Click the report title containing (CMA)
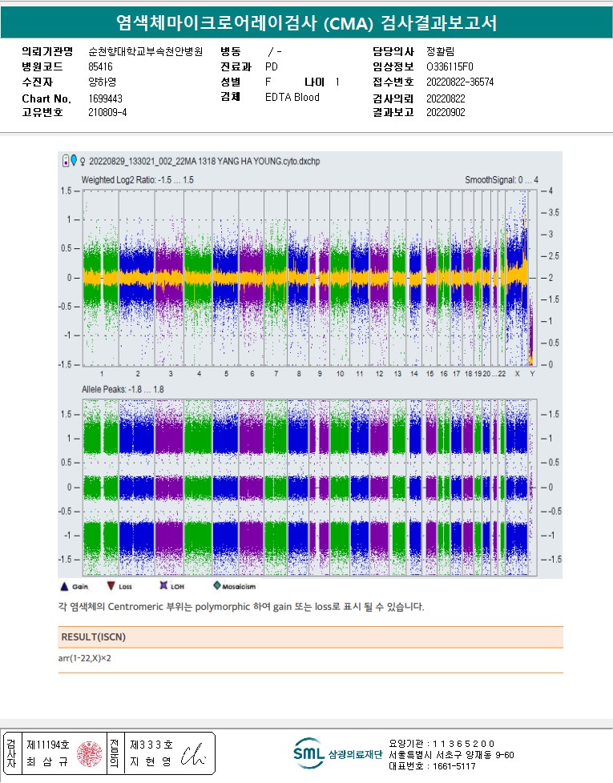[306, 22]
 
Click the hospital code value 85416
[100, 67]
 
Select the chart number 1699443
[105, 98]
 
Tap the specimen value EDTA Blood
[292, 98]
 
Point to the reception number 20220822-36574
[460, 82]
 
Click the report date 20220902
[446, 113]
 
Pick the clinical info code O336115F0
[450, 67]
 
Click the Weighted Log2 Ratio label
[137, 180]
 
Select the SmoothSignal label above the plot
[502, 180]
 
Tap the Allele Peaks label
[123, 388]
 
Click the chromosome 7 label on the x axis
[276, 375]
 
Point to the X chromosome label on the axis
[517, 375]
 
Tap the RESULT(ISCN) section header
[93, 637]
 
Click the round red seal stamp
[89, 754]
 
